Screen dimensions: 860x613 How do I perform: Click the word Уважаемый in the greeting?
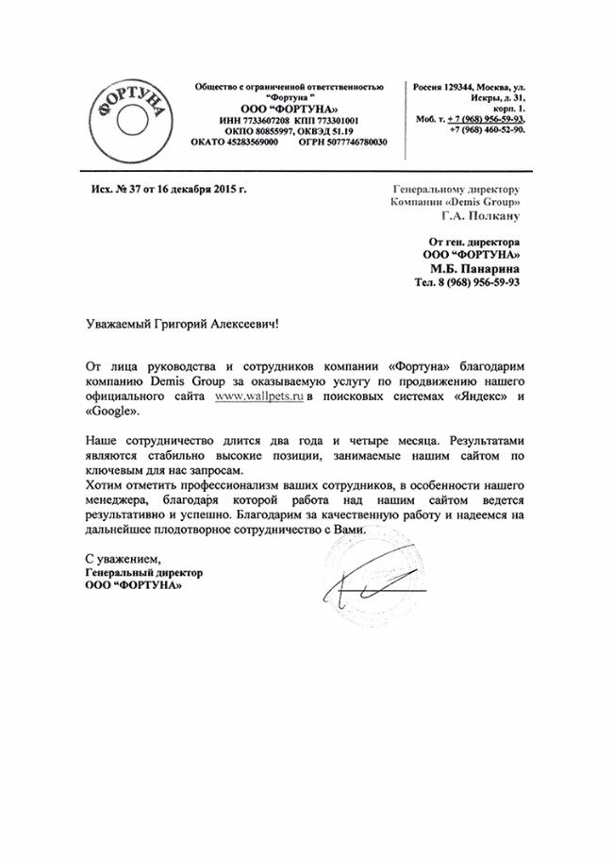pyautogui.click(x=118, y=322)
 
